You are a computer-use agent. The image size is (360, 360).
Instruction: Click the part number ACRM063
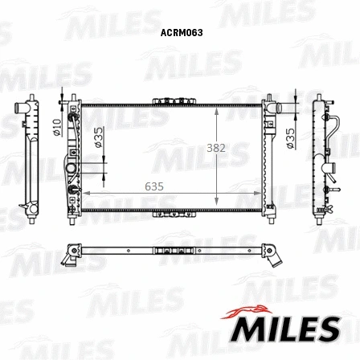pyautogui.click(x=182, y=33)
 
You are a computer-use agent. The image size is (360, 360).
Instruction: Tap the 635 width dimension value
pyautogui.click(x=154, y=186)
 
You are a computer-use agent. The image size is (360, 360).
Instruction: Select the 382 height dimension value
pyautogui.click(x=216, y=148)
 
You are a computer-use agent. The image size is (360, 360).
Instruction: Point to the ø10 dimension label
pyautogui.click(x=57, y=127)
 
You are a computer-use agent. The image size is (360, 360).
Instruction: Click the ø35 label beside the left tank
pyautogui.click(x=99, y=137)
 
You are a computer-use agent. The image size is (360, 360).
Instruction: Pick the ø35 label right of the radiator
pyautogui.click(x=290, y=138)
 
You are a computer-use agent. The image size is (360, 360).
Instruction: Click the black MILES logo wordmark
pyautogui.click(x=285, y=329)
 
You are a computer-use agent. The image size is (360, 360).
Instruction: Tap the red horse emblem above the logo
pyautogui.click(x=247, y=312)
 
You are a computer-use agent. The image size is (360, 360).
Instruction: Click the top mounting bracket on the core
pyautogui.click(x=174, y=101)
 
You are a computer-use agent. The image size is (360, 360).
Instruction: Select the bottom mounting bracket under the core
pyautogui.click(x=174, y=215)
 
